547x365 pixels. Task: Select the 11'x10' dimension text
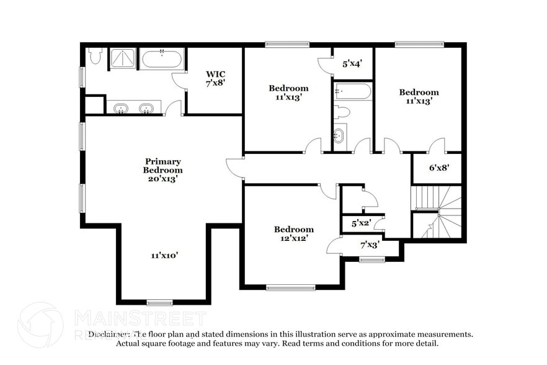(x=164, y=255)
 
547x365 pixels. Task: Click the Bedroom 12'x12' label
(x=293, y=233)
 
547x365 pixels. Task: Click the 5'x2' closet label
(x=361, y=223)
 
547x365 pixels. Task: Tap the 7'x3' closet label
(x=370, y=245)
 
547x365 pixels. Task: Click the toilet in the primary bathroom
(x=94, y=56)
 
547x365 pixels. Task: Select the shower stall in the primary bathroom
(x=122, y=59)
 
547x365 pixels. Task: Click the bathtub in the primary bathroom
(x=161, y=60)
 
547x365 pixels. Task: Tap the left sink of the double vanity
(x=121, y=109)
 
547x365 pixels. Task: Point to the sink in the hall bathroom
(x=339, y=135)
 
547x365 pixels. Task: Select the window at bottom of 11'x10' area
(x=159, y=302)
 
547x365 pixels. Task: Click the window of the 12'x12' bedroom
(x=290, y=287)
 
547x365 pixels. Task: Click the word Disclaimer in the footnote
(x=110, y=334)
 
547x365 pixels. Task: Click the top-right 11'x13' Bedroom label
(x=418, y=96)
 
